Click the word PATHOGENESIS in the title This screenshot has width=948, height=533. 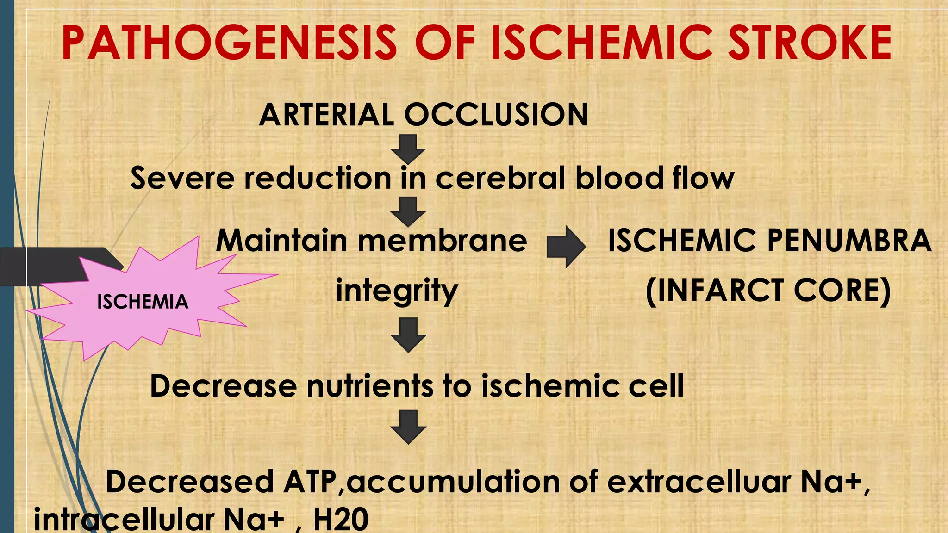click(229, 43)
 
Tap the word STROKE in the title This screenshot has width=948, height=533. click(810, 43)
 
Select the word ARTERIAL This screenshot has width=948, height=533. click(326, 115)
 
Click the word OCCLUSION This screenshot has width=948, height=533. click(496, 115)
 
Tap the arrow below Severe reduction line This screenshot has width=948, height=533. click(408, 211)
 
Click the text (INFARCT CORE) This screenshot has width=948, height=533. click(768, 291)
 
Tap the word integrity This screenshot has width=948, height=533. click(397, 291)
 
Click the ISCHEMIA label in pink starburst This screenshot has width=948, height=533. click(143, 302)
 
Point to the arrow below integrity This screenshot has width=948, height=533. click(408, 335)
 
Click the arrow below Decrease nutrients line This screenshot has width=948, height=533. click(408, 427)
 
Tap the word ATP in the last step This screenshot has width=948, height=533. click(310, 482)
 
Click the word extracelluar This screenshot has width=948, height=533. click(699, 482)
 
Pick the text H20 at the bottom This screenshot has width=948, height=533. click(341, 519)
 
